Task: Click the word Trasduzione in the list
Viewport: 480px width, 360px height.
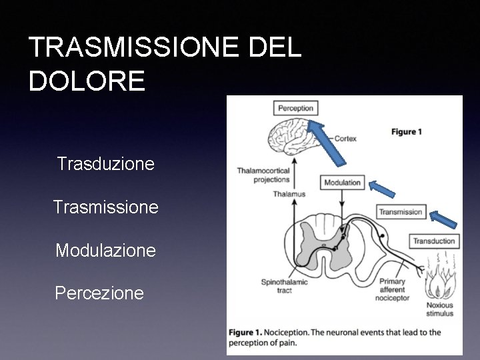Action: pyautogui.click(x=107, y=163)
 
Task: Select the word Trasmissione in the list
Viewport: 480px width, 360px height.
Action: pyautogui.click(x=106, y=207)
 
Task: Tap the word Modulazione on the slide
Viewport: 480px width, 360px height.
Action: pyautogui.click(x=106, y=251)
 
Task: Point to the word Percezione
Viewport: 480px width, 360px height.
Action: pyautogui.click(x=100, y=293)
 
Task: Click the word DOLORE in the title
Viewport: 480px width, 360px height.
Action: pyautogui.click(x=87, y=81)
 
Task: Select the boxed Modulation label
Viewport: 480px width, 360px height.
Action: pyautogui.click(x=342, y=182)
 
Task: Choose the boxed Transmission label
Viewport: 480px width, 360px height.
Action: pyautogui.click(x=401, y=212)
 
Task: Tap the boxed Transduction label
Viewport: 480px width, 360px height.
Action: pyautogui.click(x=434, y=241)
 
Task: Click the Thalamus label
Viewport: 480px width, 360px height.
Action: pyautogui.click(x=289, y=194)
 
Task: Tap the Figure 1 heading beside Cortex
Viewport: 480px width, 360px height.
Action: pyautogui.click(x=407, y=132)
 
